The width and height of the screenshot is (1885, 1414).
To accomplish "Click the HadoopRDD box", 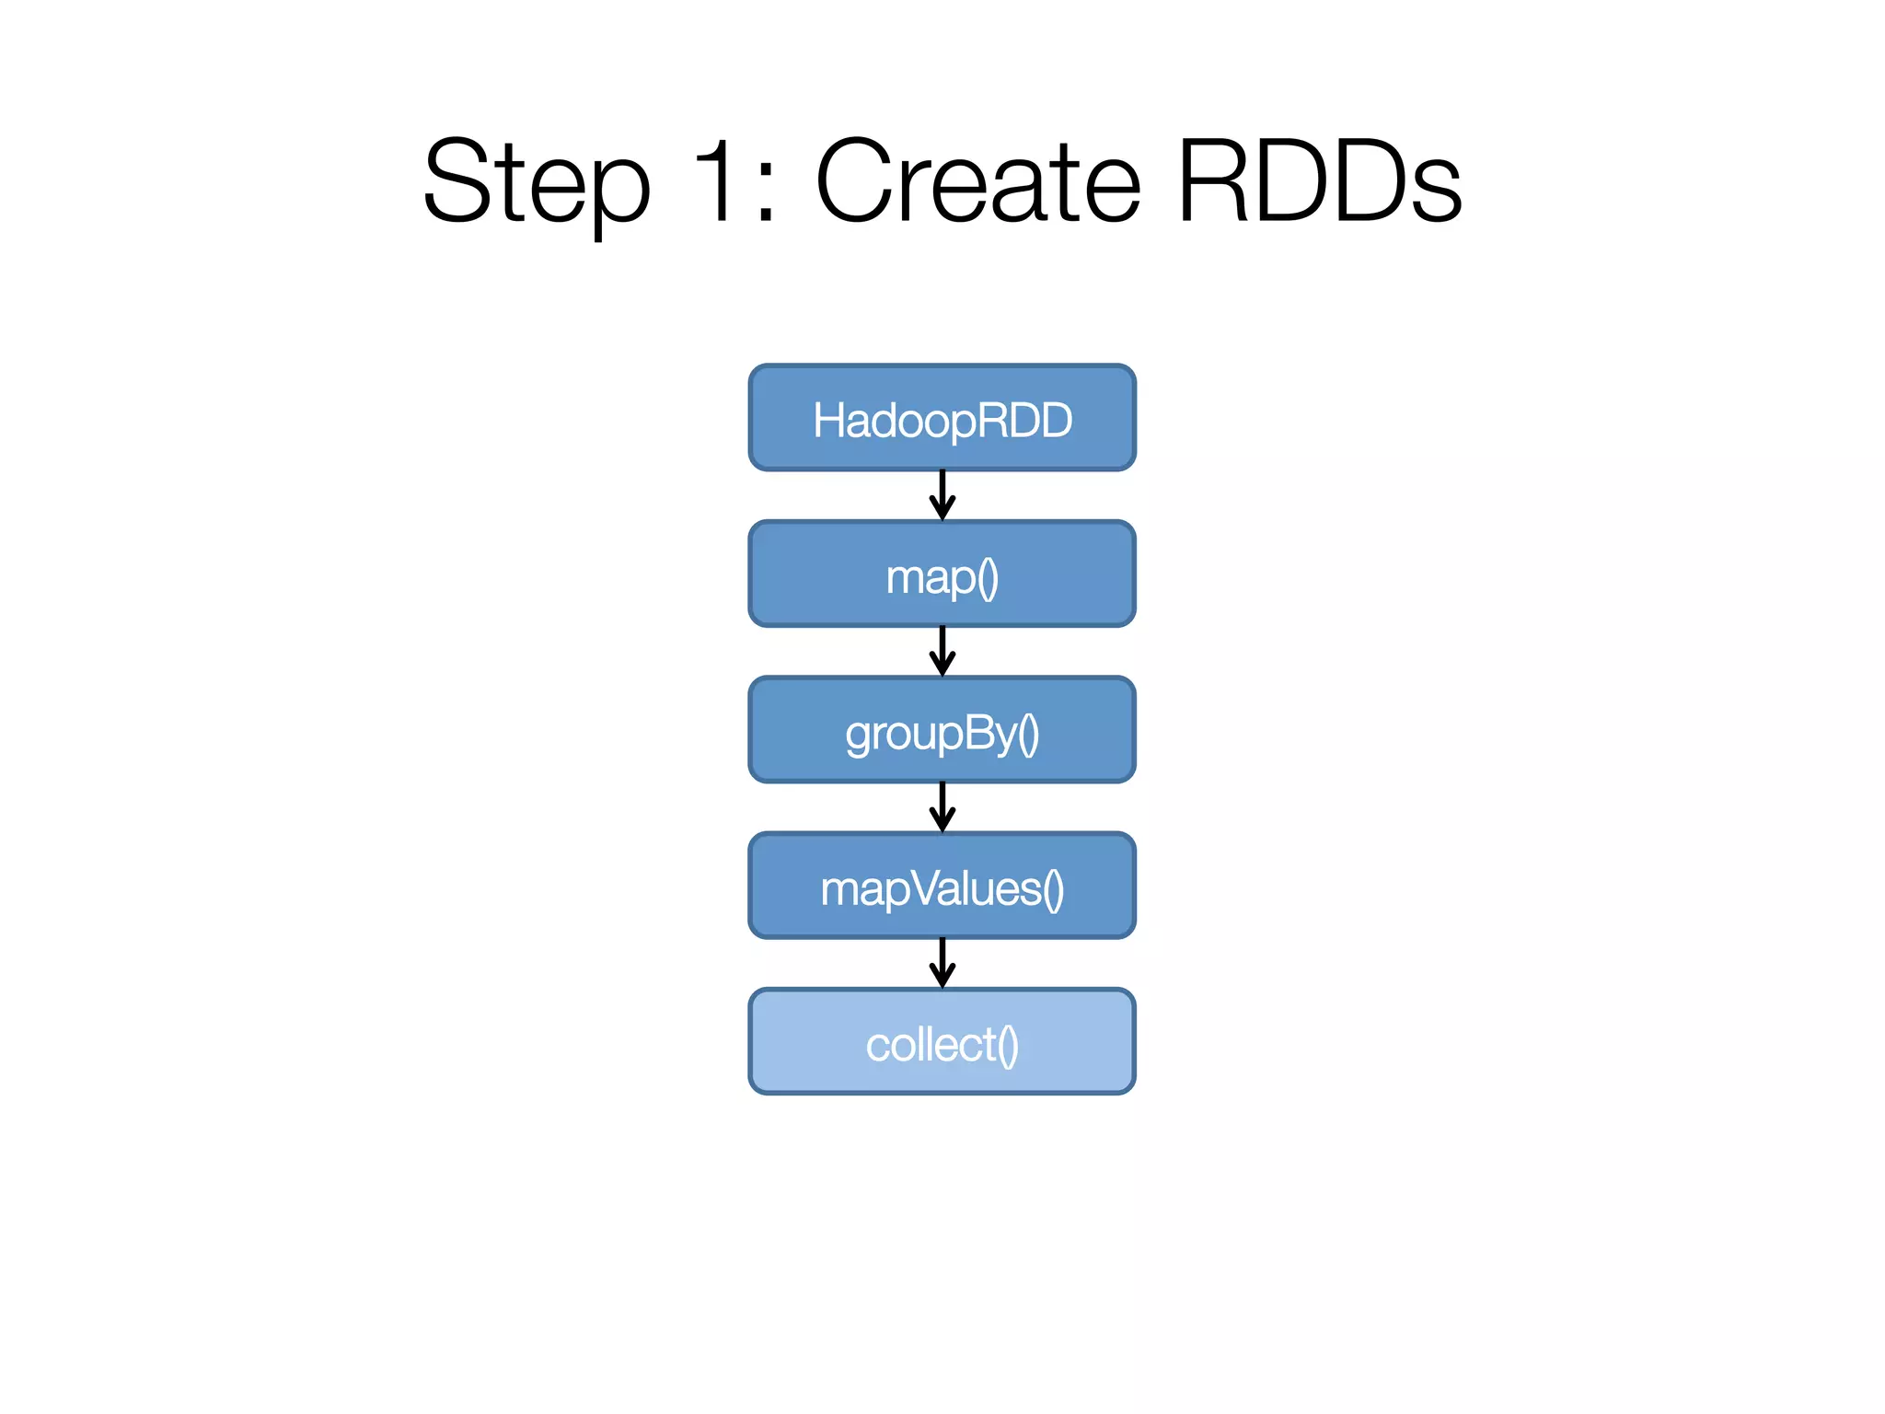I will coord(942,418).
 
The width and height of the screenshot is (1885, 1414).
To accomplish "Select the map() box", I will coord(942,574).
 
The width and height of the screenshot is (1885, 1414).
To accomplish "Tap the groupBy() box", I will coord(942,730).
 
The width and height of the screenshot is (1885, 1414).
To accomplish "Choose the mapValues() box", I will coord(942,886).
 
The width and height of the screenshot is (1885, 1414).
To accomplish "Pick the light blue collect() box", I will coord(942,1041).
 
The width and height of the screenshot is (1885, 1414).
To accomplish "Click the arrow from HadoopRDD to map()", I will coord(942,495).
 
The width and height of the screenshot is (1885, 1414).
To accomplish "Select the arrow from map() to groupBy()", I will coord(942,652).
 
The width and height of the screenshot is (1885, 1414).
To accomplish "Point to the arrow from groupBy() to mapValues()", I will coord(942,807).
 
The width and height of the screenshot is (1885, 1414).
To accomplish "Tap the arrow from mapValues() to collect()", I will coord(942,963).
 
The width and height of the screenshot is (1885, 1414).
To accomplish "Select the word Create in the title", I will coord(978,180).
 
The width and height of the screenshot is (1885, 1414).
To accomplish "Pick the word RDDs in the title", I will coord(1319,180).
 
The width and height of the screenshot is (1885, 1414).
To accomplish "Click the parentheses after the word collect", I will coord(1008,1046).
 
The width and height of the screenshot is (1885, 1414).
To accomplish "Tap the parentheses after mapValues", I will coord(1053,890).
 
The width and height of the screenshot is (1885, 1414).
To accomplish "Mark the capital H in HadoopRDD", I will coord(827,421).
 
